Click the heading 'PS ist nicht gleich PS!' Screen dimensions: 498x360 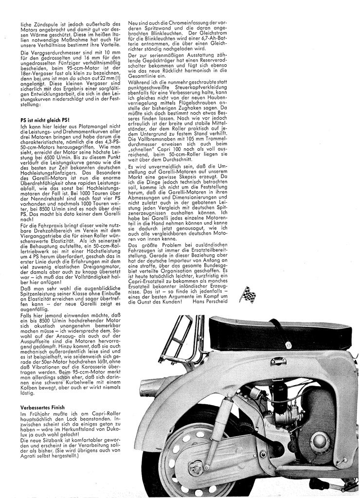[42, 119]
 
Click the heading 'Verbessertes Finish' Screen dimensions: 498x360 [43, 406]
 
